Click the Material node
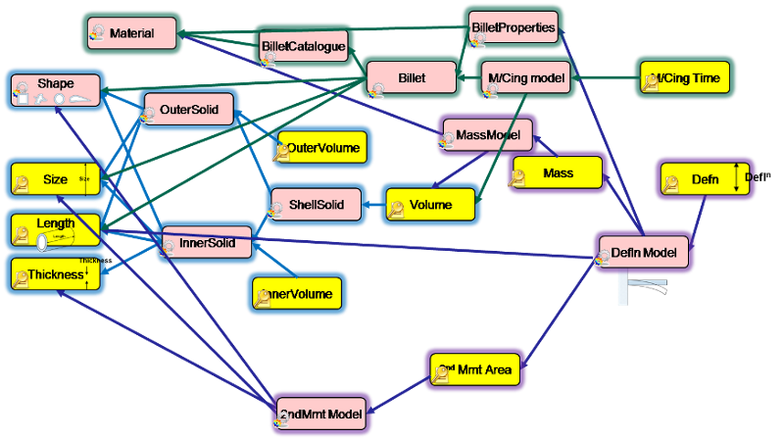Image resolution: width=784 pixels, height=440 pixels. click(x=131, y=34)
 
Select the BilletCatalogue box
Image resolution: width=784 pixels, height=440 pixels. click(x=304, y=46)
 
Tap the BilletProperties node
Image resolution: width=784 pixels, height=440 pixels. click(x=514, y=28)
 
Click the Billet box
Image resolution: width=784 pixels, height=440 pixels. click(x=412, y=78)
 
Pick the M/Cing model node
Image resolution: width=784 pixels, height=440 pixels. click(x=527, y=78)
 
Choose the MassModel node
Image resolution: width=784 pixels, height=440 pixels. click(x=487, y=135)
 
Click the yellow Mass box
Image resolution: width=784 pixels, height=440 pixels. click(x=556, y=173)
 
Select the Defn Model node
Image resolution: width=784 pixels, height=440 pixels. click(x=643, y=253)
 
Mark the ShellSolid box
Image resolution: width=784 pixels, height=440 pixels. click(x=316, y=205)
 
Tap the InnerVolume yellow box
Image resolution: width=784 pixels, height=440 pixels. click(x=298, y=294)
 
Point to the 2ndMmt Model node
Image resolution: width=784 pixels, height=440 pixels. click(x=320, y=415)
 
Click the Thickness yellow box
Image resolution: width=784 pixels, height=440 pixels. click(x=55, y=275)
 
